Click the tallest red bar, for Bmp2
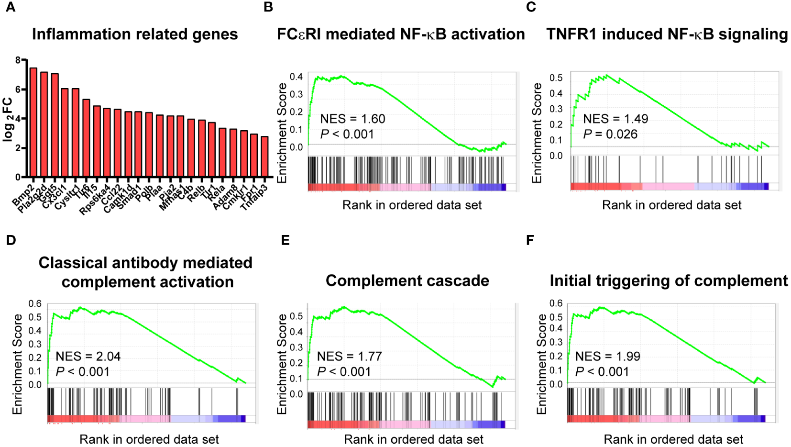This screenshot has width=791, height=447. tap(33, 123)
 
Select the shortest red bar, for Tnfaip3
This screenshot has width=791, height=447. tap(264, 156)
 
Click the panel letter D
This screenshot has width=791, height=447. tap(11, 240)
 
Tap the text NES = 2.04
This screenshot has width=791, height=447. tap(88, 357)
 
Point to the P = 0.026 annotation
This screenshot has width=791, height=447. tap(610, 134)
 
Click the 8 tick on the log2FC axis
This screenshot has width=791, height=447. tap(18, 60)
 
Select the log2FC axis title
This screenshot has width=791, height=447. tap(8, 119)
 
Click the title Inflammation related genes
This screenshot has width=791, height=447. tap(135, 34)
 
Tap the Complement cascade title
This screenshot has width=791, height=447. tap(407, 281)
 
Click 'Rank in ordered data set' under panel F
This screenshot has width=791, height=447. tap(673, 439)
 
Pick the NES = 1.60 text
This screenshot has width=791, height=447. tap(352, 119)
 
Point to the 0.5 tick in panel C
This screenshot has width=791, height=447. tap(556, 78)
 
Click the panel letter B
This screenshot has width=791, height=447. tap(268, 7)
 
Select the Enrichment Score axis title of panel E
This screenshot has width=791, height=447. tap(282, 364)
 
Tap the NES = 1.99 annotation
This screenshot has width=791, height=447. tap(607, 357)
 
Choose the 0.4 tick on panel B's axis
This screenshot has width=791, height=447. tap(296, 77)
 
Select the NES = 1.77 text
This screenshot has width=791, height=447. tap(349, 357)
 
